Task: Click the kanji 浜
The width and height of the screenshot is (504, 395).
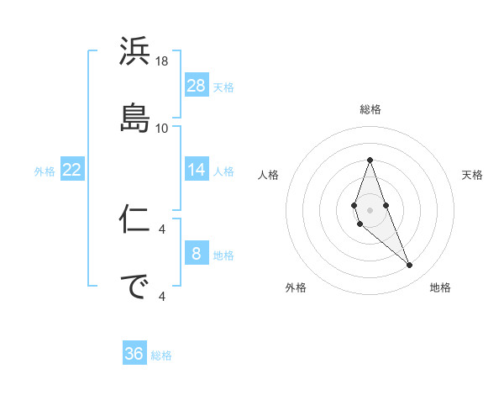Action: [135, 52]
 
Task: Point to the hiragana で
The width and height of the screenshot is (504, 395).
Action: [135, 285]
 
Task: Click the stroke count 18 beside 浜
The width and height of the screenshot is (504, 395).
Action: [162, 61]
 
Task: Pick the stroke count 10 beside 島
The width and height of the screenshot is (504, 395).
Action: [162, 128]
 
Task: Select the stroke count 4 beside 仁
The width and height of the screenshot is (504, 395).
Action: [162, 229]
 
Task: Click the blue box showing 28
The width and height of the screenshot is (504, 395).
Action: [197, 86]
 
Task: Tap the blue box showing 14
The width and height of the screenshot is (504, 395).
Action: [197, 170]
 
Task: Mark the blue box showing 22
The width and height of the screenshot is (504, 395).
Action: [72, 170]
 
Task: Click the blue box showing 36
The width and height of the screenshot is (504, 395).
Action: [134, 354]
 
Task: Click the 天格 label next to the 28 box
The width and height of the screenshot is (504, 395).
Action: [223, 87]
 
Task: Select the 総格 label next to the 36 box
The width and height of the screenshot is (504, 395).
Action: [161, 355]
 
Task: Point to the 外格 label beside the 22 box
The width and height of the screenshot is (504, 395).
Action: [45, 171]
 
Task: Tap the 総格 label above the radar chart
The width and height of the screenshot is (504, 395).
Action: [370, 109]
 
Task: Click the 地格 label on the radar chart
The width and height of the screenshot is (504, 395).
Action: [440, 287]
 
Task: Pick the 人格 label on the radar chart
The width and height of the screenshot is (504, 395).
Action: [269, 175]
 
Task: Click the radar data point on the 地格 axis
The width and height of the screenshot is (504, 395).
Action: [410, 266]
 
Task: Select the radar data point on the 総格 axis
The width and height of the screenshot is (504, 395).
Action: [370, 160]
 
